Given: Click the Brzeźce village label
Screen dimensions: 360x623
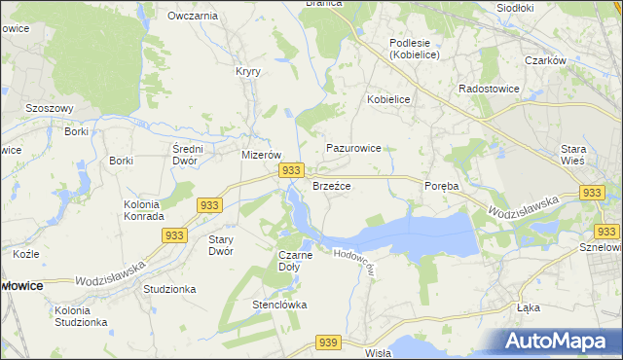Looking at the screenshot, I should (331, 185).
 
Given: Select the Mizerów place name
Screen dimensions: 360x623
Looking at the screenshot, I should (261, 155).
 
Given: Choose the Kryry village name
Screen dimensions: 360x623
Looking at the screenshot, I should (247, 71).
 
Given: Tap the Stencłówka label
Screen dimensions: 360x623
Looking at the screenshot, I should (280, 305).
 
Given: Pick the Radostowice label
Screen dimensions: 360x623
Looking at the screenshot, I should (489, 88).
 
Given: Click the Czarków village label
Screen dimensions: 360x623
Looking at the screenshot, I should (545, 60).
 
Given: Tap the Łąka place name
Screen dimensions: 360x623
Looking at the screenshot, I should (530, 306).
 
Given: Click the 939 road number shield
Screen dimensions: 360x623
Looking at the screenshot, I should (328, 342).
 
